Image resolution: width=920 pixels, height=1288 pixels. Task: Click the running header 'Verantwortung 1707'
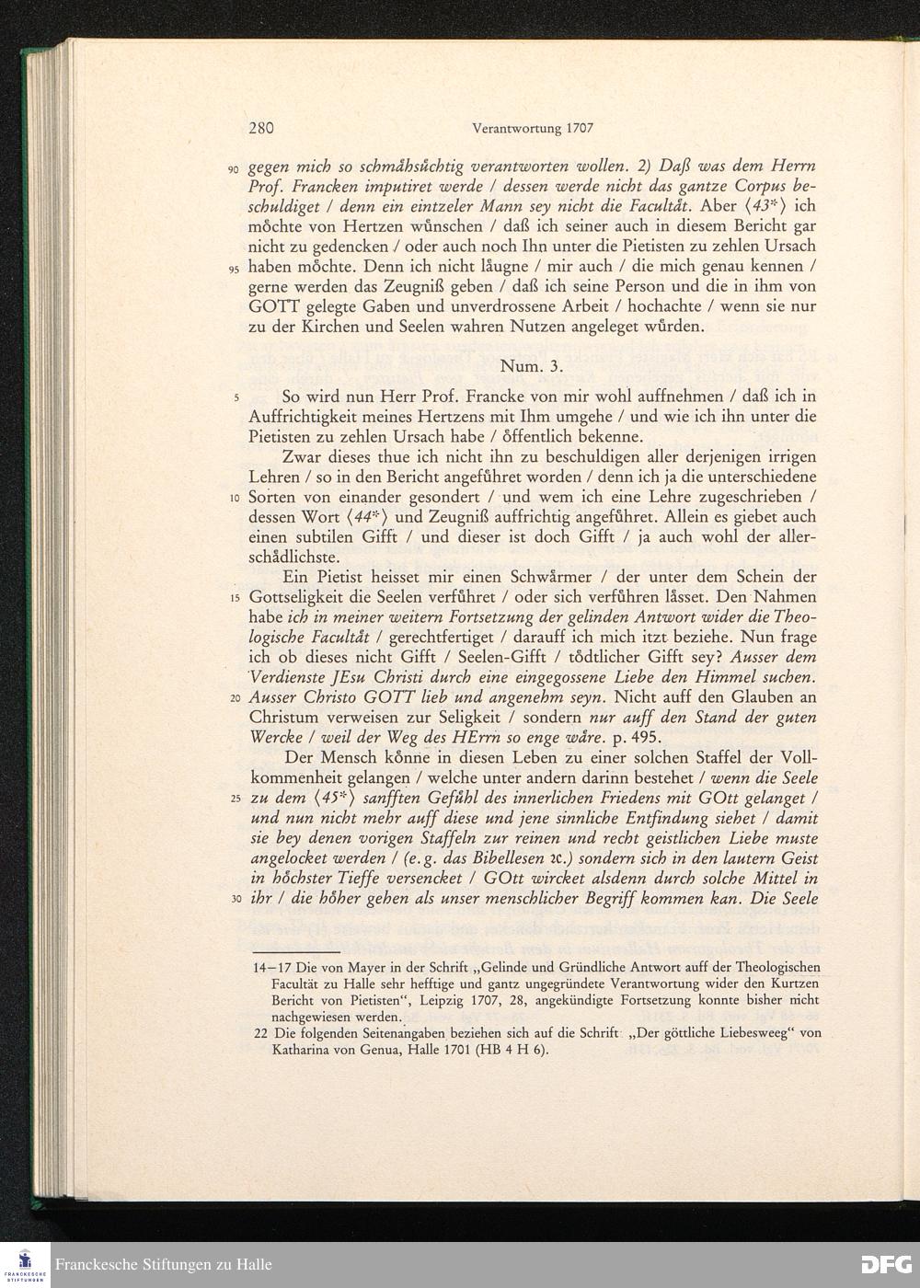pyautogui.click(x=532, y=129)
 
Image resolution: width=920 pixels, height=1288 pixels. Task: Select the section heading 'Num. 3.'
pyautogui.click(x=531, y=366)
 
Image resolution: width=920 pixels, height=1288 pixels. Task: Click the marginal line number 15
pyautogui.click(x=235, y=598)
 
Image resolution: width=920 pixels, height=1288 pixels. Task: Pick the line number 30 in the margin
pyautogui.click(x=235, y=900)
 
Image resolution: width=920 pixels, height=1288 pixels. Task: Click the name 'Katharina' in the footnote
pyautogui.click(x=302, y=1049)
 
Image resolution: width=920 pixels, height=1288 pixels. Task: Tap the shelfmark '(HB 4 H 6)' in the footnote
pyautogui.click(x=511, y=1049)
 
